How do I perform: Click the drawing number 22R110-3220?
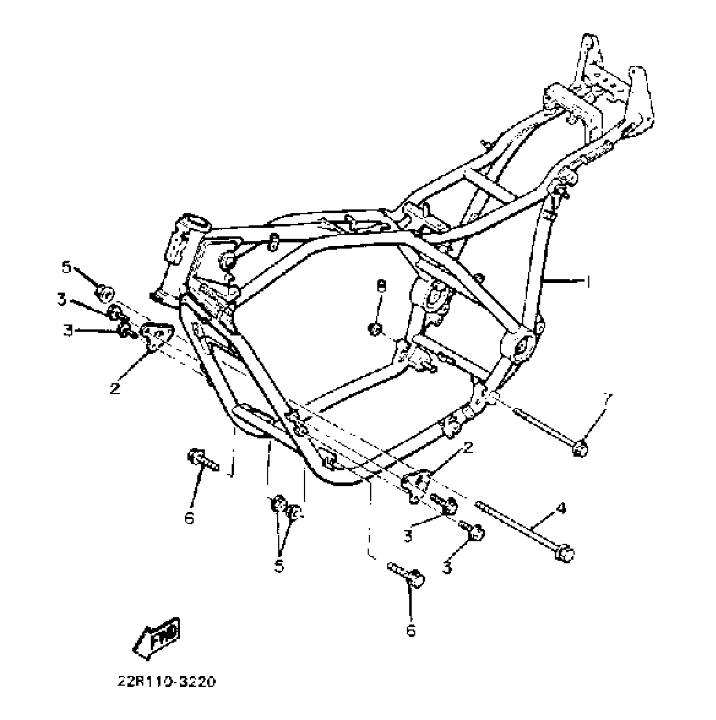166,681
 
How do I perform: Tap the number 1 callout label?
588,282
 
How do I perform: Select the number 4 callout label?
561,509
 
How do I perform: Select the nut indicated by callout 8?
375,329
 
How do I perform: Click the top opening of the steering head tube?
195,222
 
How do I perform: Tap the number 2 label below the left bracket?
115,388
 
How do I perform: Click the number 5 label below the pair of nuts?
279,566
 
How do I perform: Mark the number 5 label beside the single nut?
67,267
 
